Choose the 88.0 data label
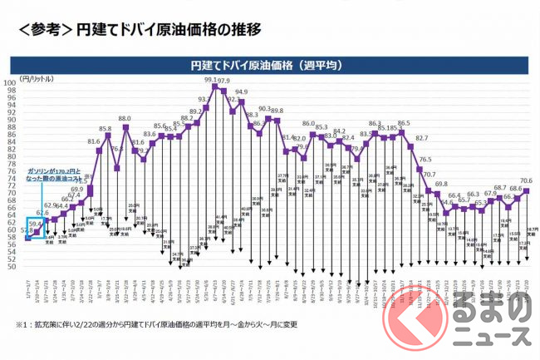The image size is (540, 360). click(x=125, y=120)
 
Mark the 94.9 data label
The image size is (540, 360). click(x=241, y=93)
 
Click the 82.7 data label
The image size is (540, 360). click(x=422, y=138)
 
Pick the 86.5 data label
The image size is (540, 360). click(x=404, y=124)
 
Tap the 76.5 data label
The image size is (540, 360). click(x=425, y=160)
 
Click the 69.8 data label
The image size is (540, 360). click(x=441, y=185)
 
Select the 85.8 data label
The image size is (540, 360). click(x=106, y=129)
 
